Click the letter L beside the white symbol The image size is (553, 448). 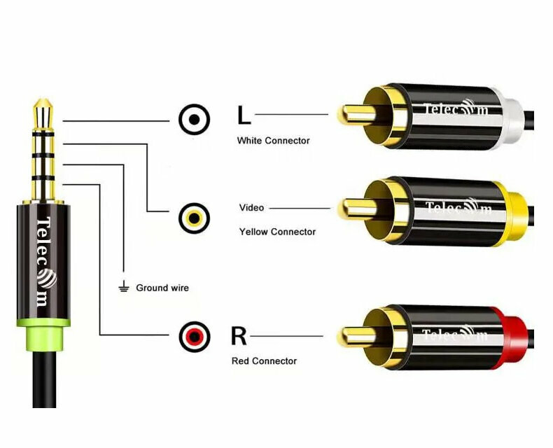(x=244, y=114)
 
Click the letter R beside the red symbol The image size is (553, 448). (x=239, y=336)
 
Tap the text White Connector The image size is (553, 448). (x=273, y=141)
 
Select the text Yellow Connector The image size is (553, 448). (x=277, y=232)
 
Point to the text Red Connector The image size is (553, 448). (x=264, y=361)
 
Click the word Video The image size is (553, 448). (x=251, y=208)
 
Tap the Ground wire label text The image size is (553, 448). (x=162, y=288)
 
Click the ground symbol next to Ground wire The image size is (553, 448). (x=124, y=287)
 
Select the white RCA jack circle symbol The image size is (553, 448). (x=194, y=120)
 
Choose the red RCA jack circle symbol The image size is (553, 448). (x=194, y=337)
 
